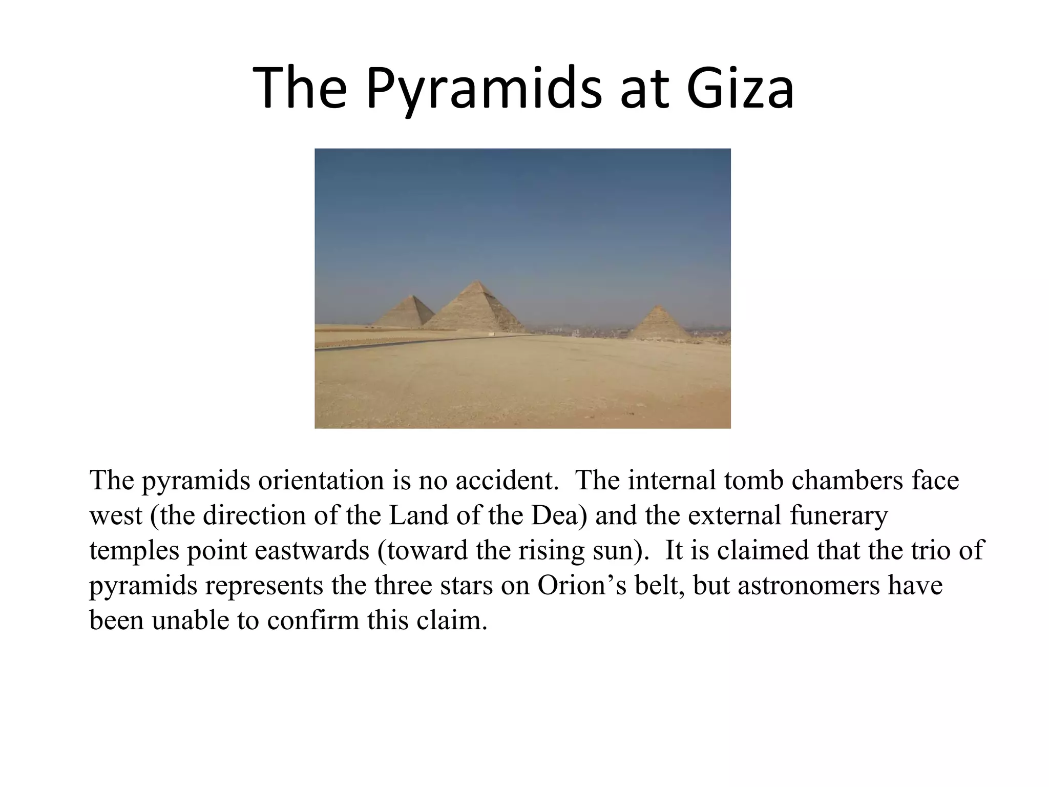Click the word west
point(115,515)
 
